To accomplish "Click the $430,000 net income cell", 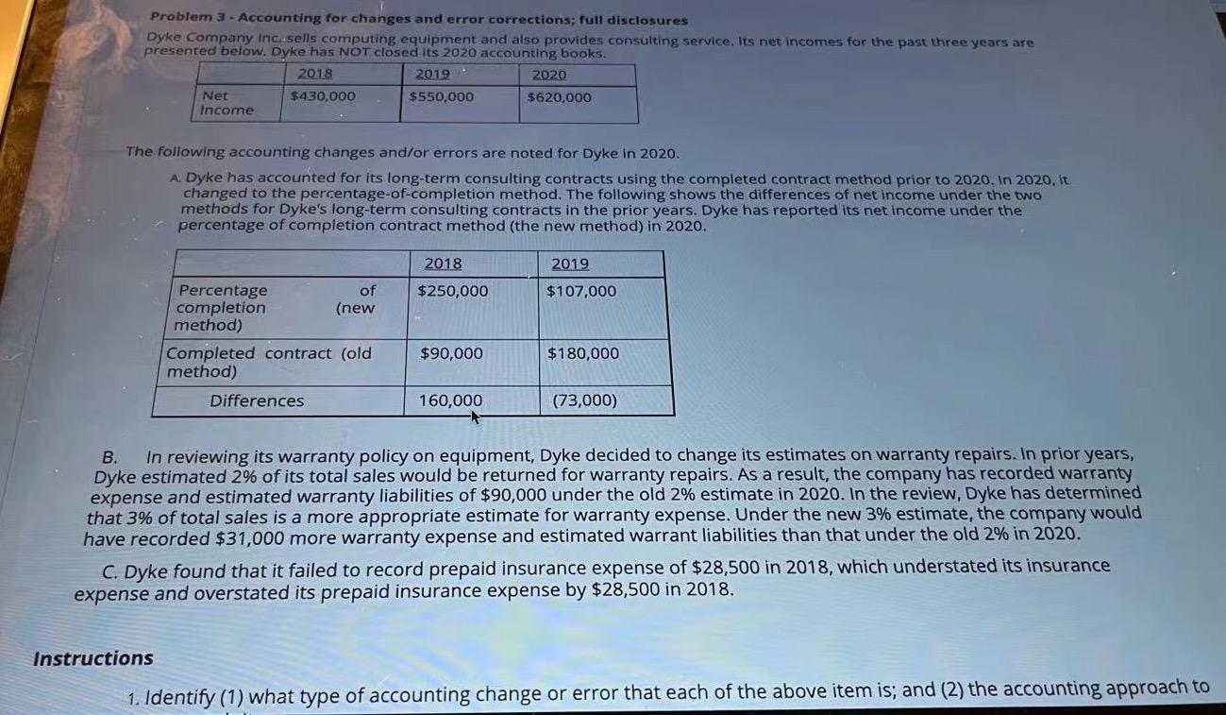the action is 323,96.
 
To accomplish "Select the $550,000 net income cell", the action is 442,96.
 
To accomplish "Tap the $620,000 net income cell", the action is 560,97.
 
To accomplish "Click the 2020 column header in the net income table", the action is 549,76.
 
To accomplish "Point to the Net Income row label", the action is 227,103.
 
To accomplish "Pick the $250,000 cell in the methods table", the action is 453,291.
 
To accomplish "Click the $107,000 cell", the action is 581,291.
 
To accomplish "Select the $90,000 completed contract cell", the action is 451,353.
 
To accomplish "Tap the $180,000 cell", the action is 583,353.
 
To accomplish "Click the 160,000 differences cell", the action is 450,400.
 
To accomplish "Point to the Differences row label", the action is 257,400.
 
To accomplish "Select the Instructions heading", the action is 93,658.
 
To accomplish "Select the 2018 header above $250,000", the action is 444,264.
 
